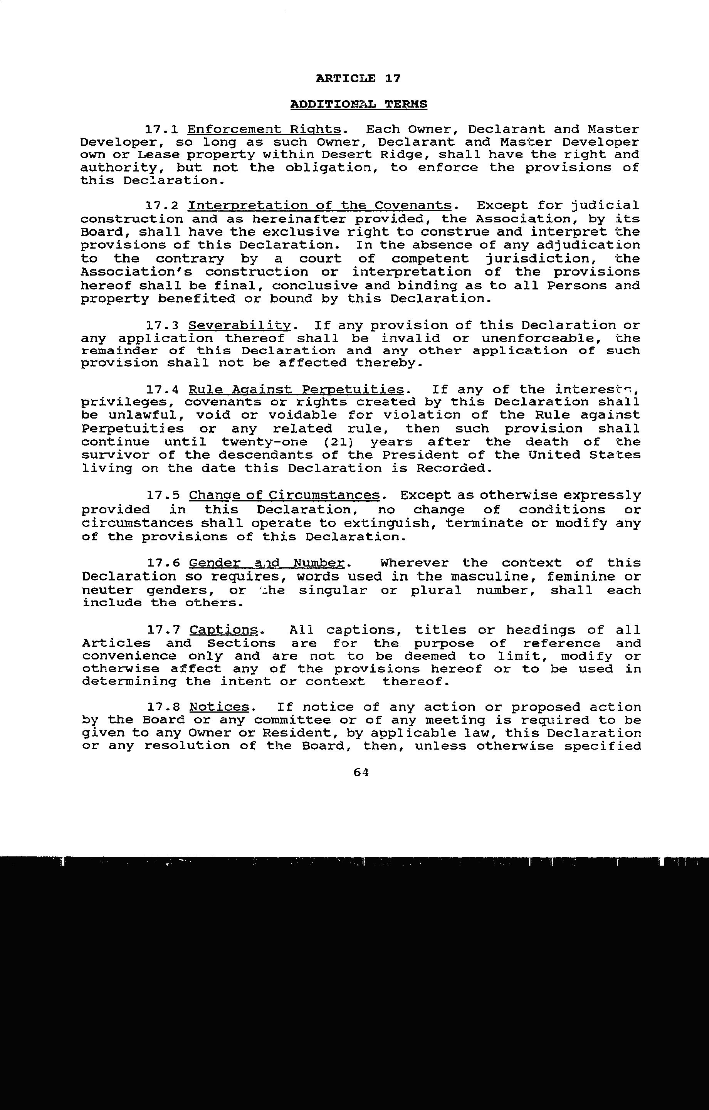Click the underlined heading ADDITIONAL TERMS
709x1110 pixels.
point(359,104)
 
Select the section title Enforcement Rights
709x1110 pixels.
point(265,129)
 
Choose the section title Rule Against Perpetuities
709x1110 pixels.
point(296,390)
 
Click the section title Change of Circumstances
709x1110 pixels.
point(285,496)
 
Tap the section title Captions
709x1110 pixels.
point(223,630)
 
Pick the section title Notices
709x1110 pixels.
point(219,707)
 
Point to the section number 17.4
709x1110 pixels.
point(162,390)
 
